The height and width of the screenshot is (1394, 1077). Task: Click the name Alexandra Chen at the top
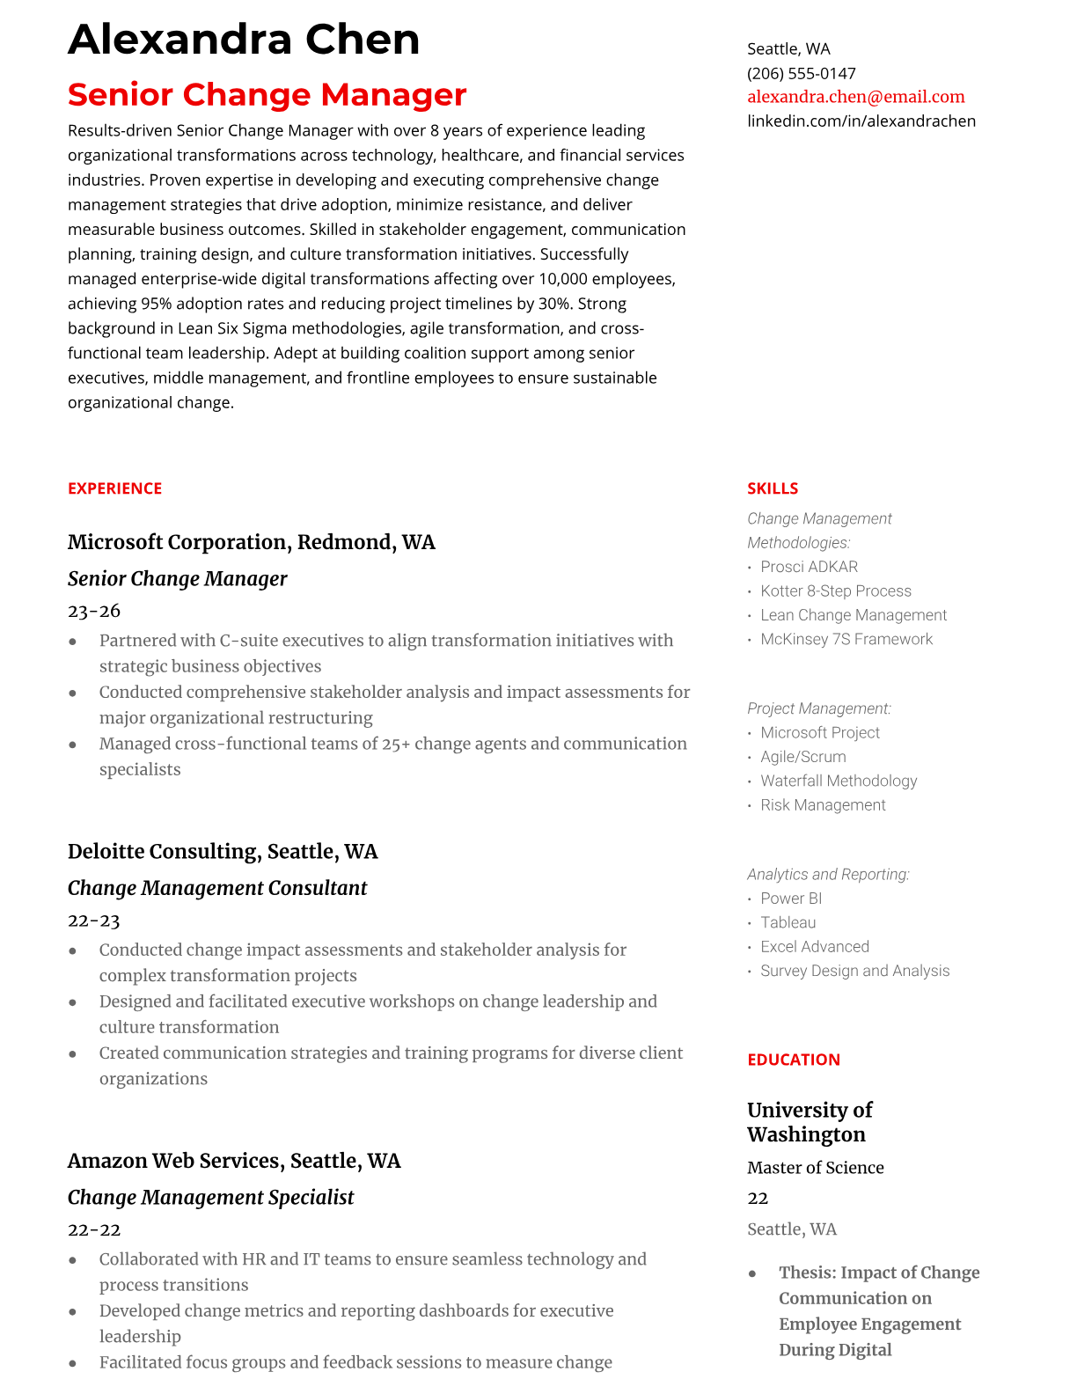[x=244, y=40]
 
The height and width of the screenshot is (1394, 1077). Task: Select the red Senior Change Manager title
[x=267, y=94]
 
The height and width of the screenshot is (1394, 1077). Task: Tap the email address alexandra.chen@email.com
[x=855, y=97]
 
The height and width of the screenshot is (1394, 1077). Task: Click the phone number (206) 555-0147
[x=801, y=73]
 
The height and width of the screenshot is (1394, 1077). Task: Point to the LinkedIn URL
[x=861, y=121]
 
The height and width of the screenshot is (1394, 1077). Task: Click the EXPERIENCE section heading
[x=114, y=488]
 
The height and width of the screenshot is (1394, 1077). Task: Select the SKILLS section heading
[x=772, y=488]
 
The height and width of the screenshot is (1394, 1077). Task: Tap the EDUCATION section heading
[x=793, y=1060]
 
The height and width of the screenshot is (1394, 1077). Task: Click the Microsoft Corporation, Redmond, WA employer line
[x=251, y=542]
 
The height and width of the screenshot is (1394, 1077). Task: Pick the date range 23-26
[x=93, y=611]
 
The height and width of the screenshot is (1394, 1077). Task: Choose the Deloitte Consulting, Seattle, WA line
[x=222, y=852]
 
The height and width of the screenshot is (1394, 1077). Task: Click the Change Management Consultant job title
[x=216, y=888]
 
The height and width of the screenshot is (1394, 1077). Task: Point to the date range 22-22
[x=93, y=1230]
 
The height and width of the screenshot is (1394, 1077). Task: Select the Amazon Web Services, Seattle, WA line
[x=233, y=1161]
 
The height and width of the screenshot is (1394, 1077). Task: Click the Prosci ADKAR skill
[x=809, y=567]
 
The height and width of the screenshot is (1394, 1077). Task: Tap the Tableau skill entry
[x=788, y=922]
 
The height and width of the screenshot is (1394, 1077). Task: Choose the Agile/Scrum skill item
[x=802, y=757]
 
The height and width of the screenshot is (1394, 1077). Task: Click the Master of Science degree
[x=815, y=1168]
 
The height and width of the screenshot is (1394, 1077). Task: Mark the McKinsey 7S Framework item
[x=846, y=639]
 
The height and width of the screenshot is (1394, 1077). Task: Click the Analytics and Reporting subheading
[x=827, y=874]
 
